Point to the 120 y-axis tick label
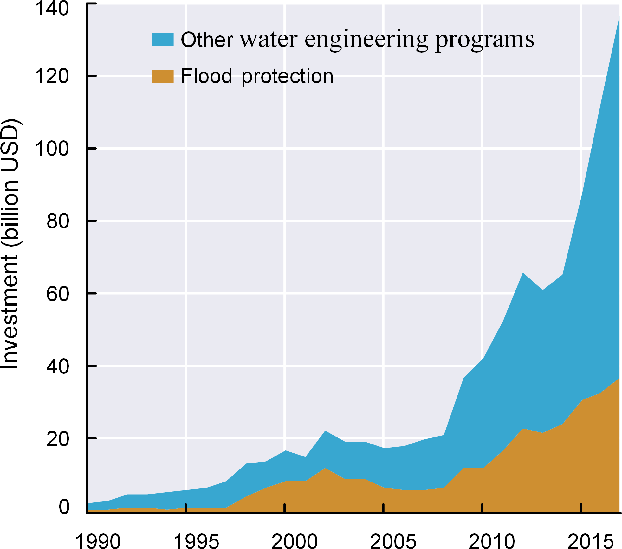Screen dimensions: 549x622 point(52,76)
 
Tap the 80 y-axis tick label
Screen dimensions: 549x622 point(58,221)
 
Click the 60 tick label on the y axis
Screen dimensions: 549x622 point(58,294)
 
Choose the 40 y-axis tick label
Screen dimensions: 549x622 point(58,367)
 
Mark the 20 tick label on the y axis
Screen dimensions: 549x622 point(58,439)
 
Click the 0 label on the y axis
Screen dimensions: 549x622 point(64,507)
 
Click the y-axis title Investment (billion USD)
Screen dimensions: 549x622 point(10,244)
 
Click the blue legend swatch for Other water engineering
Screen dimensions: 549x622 point(163,39)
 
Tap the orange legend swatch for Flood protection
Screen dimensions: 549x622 point(163,76)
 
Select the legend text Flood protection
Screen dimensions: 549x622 point(257,76)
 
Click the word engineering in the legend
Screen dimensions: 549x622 point(366,40)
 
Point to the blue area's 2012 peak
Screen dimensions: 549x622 point(523,273)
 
